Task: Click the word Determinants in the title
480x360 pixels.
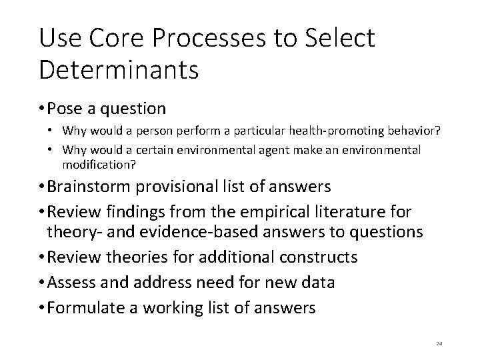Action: tap(119, 69)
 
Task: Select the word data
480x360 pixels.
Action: tap(317, 282)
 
